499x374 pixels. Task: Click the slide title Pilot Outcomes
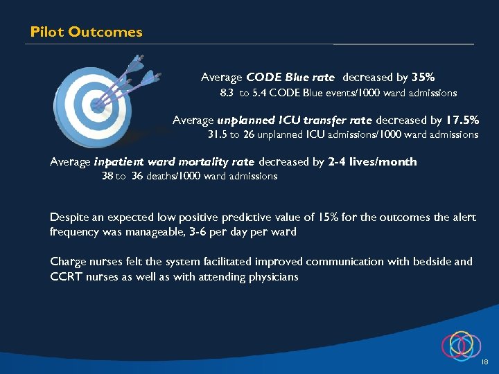click(87, 32)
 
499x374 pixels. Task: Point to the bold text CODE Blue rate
click(290, 78)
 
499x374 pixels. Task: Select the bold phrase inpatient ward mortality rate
click(174, 162)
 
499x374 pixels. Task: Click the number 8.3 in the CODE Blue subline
click(227, 93)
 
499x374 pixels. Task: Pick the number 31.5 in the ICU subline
click(218, 134)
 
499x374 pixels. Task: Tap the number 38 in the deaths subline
click(107, 177)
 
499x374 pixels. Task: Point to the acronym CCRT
click(65, 277)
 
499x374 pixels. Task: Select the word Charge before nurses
click(69, 262)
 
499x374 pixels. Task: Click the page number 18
click(484, 362)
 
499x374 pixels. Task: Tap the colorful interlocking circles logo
click(459, 344)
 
